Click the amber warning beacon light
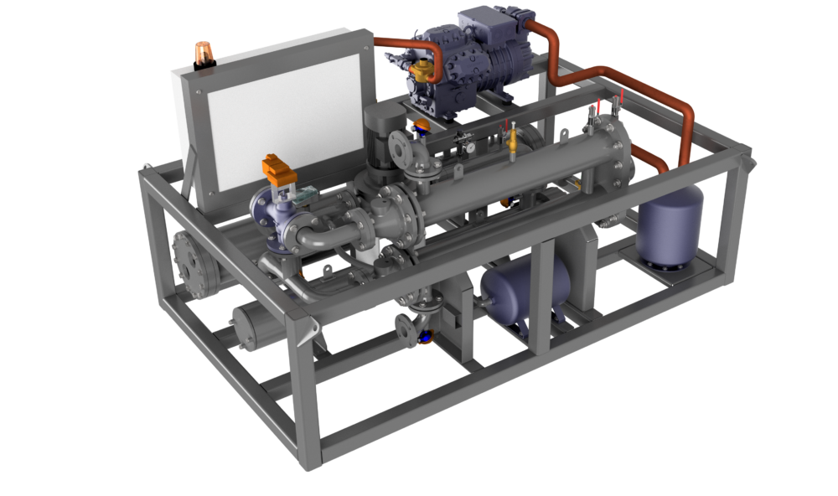point(203,54)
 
